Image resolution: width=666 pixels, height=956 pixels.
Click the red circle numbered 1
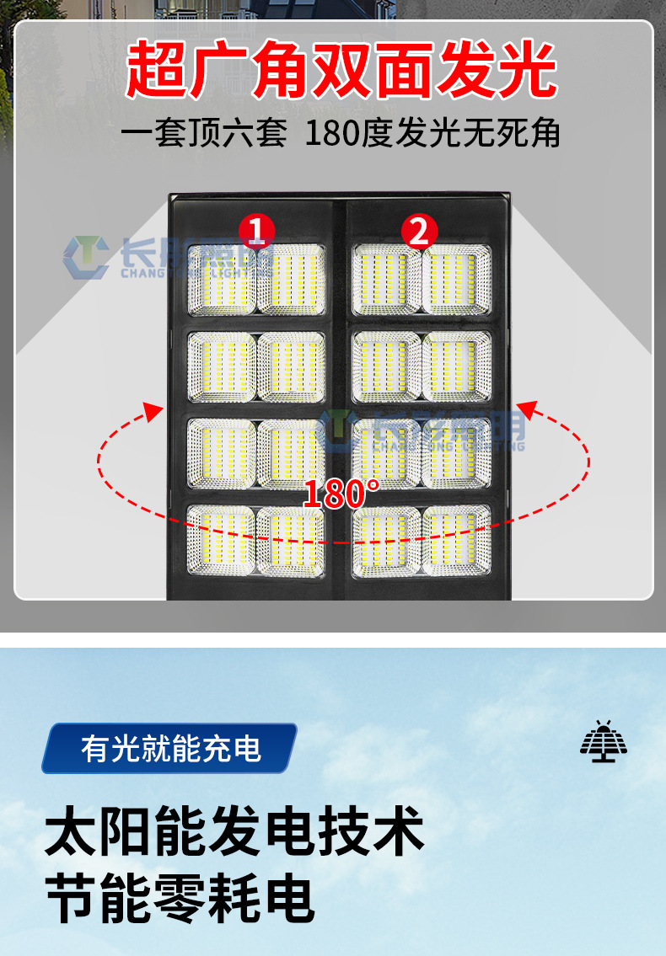tap(257, 229)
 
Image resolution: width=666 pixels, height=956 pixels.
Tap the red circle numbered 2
tap(419, 229)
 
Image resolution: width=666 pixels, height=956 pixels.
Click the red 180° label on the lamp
tap(341, 494)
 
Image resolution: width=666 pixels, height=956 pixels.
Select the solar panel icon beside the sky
tap(604, 741)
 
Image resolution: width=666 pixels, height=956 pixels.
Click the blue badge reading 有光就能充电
tap(170, 748)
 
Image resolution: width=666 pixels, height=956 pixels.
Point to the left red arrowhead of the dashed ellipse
tap(153, 412)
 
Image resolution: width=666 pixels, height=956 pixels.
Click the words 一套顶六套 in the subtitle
tap(203, 133)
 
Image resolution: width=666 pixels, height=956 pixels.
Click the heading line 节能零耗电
tap(180, 898)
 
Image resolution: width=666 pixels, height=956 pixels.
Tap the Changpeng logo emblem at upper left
tap(85, 257)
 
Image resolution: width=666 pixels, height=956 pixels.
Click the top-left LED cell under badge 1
tap(221, 279)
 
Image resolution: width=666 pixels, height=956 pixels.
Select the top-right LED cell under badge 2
tap(456, 279)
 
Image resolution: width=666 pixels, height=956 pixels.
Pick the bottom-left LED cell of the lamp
tap(221, 541)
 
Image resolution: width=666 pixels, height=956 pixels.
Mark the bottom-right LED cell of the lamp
tap(456, 541)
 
